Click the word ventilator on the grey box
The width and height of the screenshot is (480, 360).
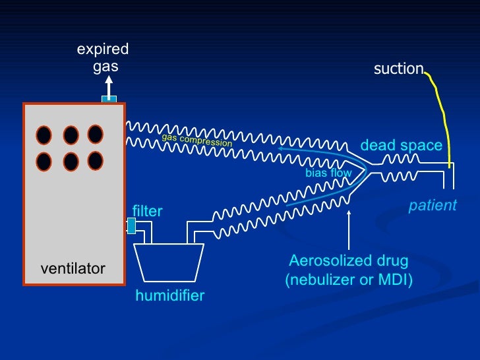[x=73, y=269]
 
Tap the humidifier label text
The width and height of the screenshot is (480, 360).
[x=170, y=295]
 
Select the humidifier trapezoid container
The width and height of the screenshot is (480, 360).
[x=169, y=262]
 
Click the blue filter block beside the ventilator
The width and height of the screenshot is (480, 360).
[x=131, y=225]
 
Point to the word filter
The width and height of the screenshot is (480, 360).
[x=147, y=211]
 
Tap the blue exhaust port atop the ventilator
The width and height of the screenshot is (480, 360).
[x=109, y=99]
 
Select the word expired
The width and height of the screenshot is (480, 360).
[x=103, y=49]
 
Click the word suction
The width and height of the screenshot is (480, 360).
[x=398, y=69]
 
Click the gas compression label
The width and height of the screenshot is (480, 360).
[x=197, y=140]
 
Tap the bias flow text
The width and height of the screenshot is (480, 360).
[x=328, y=173]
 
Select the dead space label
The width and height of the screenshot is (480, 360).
[x=402, y=146]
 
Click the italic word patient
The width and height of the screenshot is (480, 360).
[x=433, y=205]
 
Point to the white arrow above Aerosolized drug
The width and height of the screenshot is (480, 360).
[x=349, y=230]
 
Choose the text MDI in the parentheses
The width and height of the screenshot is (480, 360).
[x=393, y=280]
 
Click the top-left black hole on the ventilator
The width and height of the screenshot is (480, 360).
[x=44, y=135]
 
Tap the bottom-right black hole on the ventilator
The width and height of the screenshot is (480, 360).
[x=96, y=161]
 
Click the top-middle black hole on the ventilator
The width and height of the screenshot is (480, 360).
[x=71, y=135]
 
